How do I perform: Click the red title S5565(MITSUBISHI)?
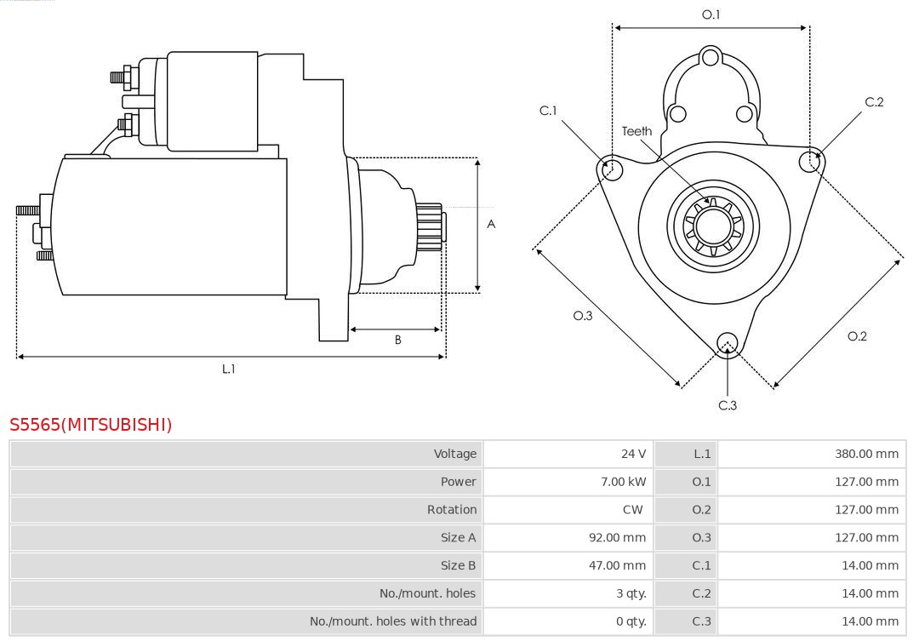coord(90,424)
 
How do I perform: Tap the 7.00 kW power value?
coord(623,482)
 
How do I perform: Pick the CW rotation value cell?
coord(632,510)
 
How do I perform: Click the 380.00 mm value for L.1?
coord(866,454)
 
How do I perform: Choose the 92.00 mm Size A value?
coord(618,537)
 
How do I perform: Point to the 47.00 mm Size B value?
coord(618,565)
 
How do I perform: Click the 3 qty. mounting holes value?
coord(631,593)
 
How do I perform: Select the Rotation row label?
coord(451,510)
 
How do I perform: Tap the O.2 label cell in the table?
coord(701,510)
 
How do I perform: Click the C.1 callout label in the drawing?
coord(548,111)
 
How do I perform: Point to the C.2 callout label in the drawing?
coord(874,102)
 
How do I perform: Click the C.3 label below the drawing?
coord(728,405)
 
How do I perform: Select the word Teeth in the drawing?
coord(636,131)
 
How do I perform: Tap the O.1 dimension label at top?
coord(711,14)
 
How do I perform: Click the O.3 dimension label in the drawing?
coord(582,316)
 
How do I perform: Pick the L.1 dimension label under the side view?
coord(228,369)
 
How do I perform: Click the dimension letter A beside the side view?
coord(491,225)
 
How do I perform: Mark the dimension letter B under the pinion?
coord(397,340)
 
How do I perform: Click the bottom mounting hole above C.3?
coord(727,343)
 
